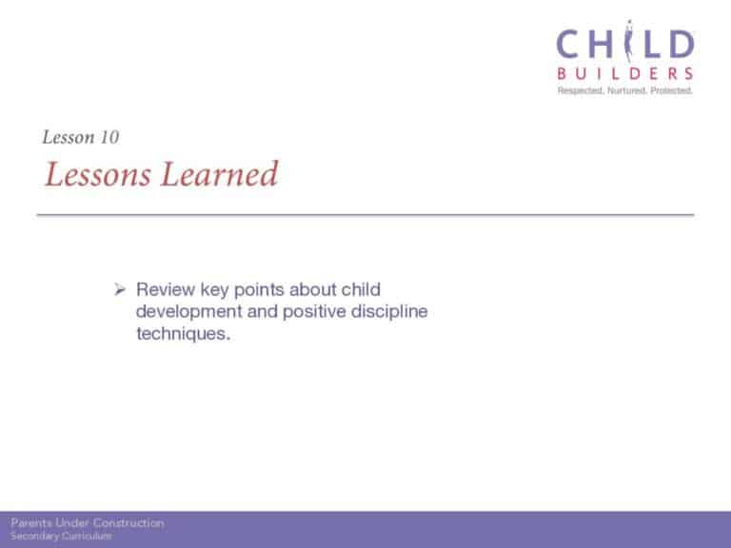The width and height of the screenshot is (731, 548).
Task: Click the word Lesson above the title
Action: (69, 137)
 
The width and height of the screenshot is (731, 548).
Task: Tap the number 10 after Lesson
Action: (109, 137)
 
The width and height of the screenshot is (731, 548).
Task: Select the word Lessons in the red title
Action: (98, 174)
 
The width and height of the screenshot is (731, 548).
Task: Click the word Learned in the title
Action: (220, 174)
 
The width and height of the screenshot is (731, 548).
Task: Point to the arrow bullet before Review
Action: (120, 290)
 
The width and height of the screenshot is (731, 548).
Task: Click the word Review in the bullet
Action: (166, 289)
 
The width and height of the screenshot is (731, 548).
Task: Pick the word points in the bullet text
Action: (259, 290)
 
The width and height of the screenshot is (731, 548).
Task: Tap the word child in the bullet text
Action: (361, 289)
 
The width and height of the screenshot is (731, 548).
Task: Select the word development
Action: (189, 312)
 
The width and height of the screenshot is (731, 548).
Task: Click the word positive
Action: (314, 312)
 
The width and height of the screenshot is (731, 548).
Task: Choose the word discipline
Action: (389, 312)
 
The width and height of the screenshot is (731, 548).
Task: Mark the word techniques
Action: (183, 334)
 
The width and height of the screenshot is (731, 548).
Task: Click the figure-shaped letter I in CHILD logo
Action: (628, 42)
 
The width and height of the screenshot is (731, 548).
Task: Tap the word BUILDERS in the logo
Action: (625, 73)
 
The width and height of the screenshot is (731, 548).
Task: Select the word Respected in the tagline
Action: (581, 90)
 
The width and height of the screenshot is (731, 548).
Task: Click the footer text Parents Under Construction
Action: (88, 523)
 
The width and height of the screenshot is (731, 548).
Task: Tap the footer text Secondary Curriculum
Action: (61, 536)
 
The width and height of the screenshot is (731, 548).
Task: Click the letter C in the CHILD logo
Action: (569, 45)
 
